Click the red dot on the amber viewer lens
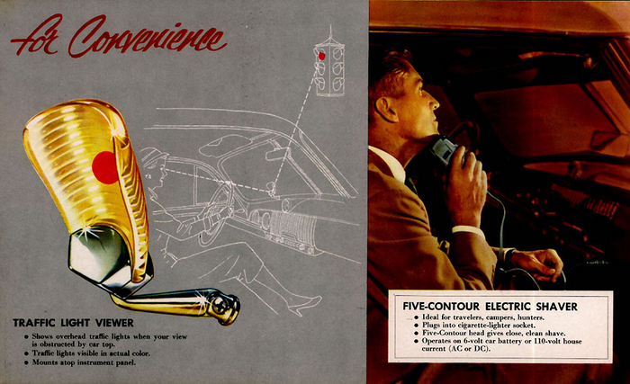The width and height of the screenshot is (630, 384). (105, 167)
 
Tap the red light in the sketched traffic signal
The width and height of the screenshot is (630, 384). (321, 56)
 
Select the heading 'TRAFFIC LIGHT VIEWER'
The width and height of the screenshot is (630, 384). (73, 323)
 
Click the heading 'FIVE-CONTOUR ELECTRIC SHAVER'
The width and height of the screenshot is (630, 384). (490, 307)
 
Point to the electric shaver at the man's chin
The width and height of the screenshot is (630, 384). (446, 149)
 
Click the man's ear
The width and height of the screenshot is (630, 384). (386, 109)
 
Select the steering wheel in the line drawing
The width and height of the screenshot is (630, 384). (215, 213)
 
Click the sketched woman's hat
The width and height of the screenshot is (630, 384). (152, 156)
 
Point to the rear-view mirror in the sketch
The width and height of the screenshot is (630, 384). (277, 154)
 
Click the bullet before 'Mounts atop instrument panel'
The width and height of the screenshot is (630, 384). (26, 362)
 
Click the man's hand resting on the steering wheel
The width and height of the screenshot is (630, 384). (538, 263)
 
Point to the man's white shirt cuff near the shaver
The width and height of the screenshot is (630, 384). (468, 230)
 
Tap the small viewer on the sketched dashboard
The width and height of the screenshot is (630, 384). (273, 189)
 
